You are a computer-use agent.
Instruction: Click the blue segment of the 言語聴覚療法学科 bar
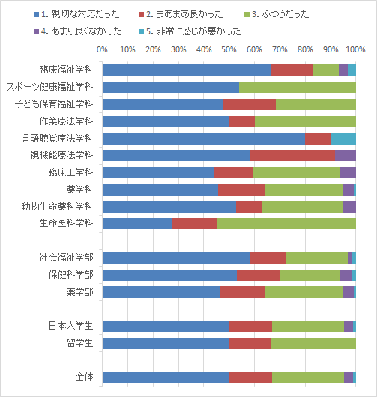point(204,139)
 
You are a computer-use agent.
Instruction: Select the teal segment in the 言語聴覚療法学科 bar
point(343,139)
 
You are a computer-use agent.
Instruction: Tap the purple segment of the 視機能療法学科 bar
point(346,156)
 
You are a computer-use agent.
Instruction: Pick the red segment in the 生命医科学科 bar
point(194,223)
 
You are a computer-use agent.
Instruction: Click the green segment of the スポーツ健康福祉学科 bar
point(298,87)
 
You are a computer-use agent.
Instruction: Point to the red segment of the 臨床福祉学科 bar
point(292,70)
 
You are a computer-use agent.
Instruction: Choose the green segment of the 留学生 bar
point(313,343)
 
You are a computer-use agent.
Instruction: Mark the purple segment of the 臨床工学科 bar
point(348,172)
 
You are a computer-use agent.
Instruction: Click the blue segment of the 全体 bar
point(166,378)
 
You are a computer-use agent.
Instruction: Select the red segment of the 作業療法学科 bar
point(242,121)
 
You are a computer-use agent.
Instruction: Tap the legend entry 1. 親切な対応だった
point(76,14)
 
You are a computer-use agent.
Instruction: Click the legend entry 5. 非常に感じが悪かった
point(190,31)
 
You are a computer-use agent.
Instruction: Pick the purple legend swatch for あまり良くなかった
point(36,31)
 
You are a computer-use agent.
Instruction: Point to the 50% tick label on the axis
point(229,49)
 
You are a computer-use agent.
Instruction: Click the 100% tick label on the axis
point(355,49)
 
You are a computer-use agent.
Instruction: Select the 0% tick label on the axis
point(102,49)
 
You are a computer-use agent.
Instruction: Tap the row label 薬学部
point(79,292)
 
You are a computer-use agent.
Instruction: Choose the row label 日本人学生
point(70,326)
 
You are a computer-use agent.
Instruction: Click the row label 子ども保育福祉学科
point(54,104)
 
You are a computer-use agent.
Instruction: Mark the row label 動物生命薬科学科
point(57,207)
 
